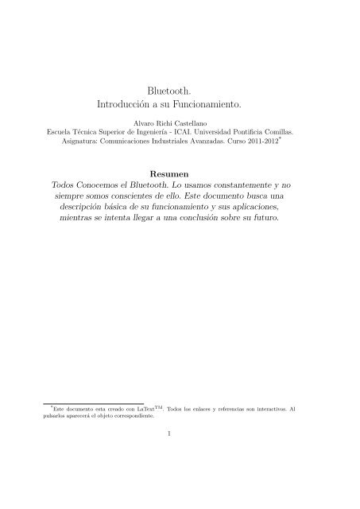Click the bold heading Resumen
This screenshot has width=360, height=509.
point(180,172)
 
